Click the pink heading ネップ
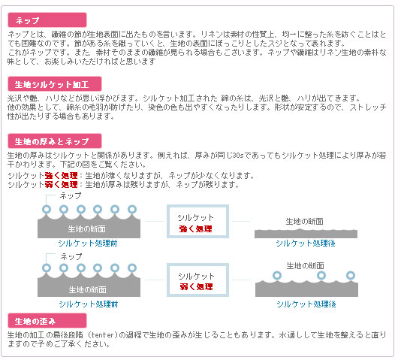[47, 20]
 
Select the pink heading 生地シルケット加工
[55, 84]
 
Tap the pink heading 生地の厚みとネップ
[55, 141]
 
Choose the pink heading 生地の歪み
[47, 321]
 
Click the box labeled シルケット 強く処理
[197, 222]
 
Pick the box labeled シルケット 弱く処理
[197, 280]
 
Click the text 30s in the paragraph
[238, 156]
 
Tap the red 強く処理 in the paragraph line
[62, 175]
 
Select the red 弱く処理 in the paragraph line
[62, 185]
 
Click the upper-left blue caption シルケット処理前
[88, 244]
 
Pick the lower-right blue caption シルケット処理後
[306, 304]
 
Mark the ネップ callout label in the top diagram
[71, 196]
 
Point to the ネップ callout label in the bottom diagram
[71, 256]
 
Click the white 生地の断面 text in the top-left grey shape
[87, 229]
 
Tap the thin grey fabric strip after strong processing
[306, 234]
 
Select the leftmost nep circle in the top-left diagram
[47, 210]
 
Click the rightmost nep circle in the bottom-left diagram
[132, 268]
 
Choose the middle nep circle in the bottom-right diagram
[321, 275]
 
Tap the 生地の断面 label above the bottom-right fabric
[305, 265]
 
